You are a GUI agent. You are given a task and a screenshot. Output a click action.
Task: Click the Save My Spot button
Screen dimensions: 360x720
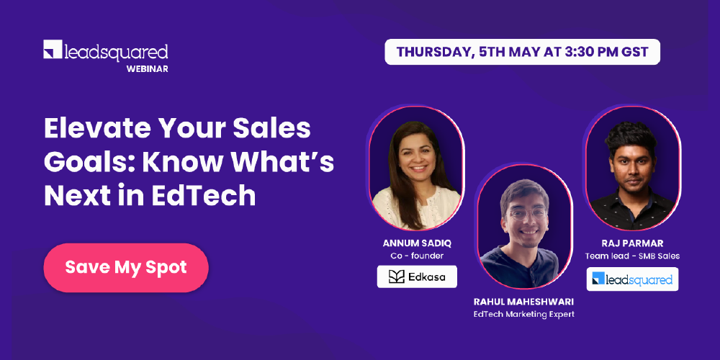(x=126, y=267)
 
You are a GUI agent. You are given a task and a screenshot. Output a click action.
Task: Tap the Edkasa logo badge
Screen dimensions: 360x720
(x=417, y=276)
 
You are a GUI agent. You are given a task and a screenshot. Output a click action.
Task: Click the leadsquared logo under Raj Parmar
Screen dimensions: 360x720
(x=632, y=279)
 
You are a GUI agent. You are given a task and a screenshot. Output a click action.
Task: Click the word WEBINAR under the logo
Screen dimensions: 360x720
(x=147, y=68)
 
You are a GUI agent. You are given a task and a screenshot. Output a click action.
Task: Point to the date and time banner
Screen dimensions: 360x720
(x=522, y=52)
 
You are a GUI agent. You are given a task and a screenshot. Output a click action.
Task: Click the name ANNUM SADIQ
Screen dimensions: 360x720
(x=417, y=242)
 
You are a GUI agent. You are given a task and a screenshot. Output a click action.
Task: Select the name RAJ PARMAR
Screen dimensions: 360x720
(x=632, y=243)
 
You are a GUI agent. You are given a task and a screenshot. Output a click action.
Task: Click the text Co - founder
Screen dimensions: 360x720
(x=417, y=255)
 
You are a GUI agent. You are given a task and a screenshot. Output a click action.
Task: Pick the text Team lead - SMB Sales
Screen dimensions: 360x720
(x=632, y=256)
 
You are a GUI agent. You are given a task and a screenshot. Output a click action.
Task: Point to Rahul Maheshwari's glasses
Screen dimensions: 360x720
(x=523, y=214)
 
